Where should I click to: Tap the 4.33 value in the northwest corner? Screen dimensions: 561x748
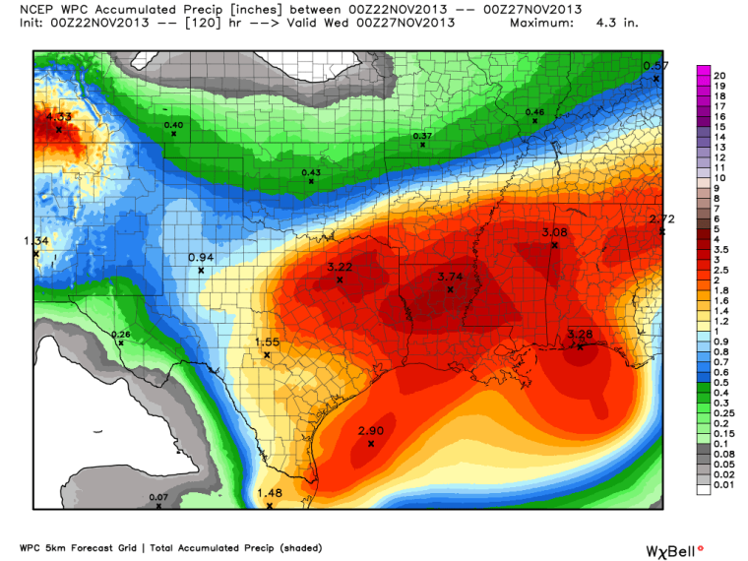click(x=58, y=117)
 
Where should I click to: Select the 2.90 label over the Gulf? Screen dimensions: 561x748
click(x=370, y=432)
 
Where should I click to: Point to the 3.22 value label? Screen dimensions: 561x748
click(x=340, y=268)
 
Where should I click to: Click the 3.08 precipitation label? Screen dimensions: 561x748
click(x=555, y=232)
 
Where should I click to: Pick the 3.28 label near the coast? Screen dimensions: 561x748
click(x=581, y=335)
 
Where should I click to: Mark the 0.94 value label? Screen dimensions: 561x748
click(x=201, y=258)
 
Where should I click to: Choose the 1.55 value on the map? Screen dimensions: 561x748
click(x=267, y=343)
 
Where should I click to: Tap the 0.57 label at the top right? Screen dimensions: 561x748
click(x=655, y=66)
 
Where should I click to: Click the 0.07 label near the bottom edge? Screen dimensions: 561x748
click(x=158, y=498)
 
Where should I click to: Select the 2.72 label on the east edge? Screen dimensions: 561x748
click(x=661, y=218)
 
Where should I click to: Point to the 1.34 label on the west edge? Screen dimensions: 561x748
click(x=35, y=241)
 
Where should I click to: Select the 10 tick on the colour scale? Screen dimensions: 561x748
click(x=719, y=177)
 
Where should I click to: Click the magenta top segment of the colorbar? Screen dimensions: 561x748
click(x=703, y=71)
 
